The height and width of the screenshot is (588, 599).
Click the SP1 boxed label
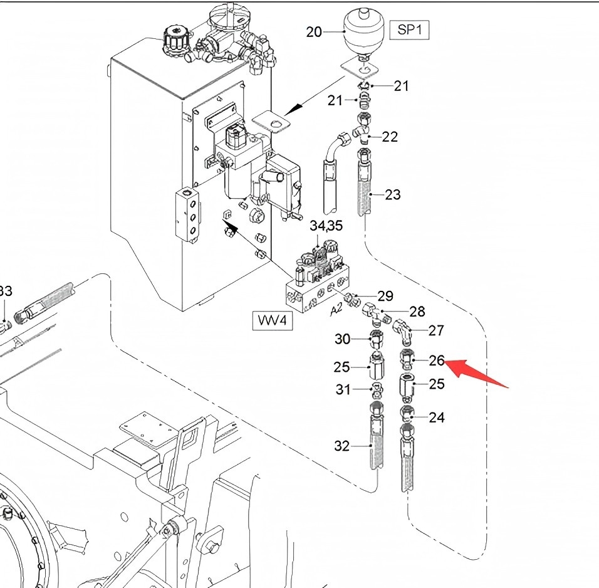click(x=409, y=30)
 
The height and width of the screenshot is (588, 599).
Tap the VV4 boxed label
click(x=273, y=320)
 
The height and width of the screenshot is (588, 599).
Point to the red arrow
click(x=476, y=374)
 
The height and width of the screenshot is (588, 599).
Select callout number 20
click(x=314, y=32)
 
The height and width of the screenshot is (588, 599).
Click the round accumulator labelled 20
click(x=361, y=32)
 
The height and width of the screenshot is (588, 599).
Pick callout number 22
click(x=390, y=137)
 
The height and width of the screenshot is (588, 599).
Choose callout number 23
click(x=393, y=195)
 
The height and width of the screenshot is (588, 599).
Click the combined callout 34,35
click(x=326, y=226)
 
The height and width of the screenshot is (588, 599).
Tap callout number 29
click(x=385, y=296)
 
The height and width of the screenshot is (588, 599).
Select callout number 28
click(x=417, y=312)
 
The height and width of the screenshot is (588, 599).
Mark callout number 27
click(x=436, y=331)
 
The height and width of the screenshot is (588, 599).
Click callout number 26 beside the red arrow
click(x=437, y=360)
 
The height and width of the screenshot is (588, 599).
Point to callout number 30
click(x=342, y=339)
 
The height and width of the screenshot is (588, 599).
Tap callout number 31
click(x=343, y=389)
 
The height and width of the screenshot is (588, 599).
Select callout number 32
click(x=342, y=446)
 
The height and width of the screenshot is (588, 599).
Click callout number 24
click(x=437, y=417)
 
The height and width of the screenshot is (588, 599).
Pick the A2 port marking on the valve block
click(x=336, y=310)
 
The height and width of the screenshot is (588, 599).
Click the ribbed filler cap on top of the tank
click(x=175, y=38)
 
